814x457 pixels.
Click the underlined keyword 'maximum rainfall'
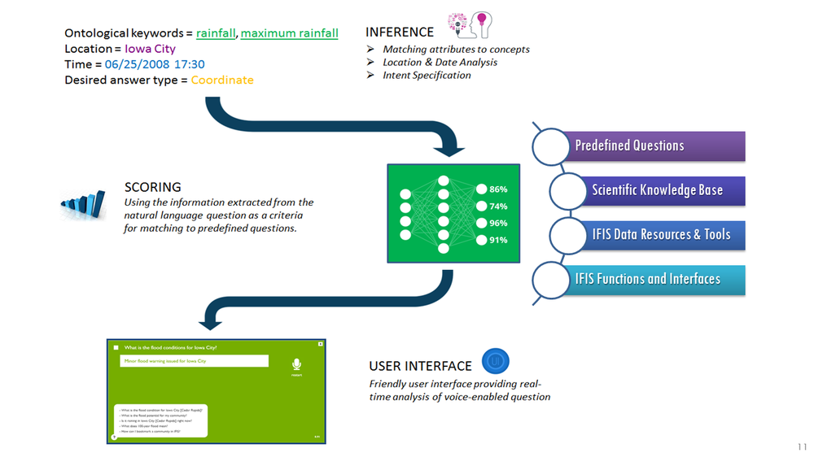click(x=289, y=33)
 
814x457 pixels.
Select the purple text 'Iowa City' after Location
click(x=150, y=49)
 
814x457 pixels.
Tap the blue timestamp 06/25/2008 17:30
click(x=155, y=64)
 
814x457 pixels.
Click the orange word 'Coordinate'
click(x=222, y=80)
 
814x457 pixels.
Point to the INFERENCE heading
click(x=400, y=32)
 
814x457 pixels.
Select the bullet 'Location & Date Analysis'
click(x=440, y=62)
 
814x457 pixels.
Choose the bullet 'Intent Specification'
click(x=427, y=75)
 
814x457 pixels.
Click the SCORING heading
click(x=153, y=186)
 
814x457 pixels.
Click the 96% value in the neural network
click(x=498, y=223)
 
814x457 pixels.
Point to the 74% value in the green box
click(x=498, y=207)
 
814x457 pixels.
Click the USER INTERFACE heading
click(x=420, y=366)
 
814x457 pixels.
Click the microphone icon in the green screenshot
click(x=297, y=365)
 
